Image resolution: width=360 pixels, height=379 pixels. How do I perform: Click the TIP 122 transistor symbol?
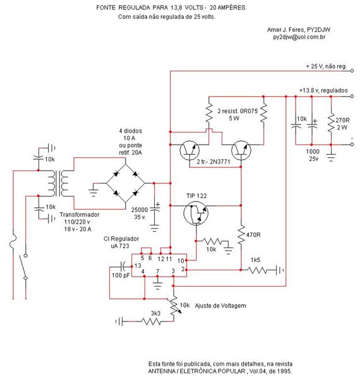pyautogui.click(x=196, y=213)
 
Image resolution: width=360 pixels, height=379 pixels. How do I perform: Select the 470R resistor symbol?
pyautogui.click(x=241, y=235)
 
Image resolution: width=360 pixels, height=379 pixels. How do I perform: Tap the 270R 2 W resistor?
pyautogui.click(x=331, y=123)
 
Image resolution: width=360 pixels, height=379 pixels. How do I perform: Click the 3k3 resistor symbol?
pyautogui.click(x=151, y=322)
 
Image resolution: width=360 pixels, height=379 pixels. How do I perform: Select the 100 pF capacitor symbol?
pyautogui.click(x=123, y=267)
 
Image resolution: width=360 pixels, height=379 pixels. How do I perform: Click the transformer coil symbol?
pyautogui.click(x=58, y=183)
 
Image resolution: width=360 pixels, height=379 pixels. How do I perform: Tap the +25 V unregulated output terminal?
pyautogui.click(x=352, y=71)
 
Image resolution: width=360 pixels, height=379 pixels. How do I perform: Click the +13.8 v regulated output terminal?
pyautogui.click(x=352, y=96)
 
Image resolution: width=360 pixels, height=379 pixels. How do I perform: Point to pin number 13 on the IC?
pyautogui.click(x=138, y=266)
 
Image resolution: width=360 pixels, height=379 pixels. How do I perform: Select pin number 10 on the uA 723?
pyautogui.click(x=181, y=261)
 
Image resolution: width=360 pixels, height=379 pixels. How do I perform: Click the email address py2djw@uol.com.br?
pyautogui.click(x=299, y=37)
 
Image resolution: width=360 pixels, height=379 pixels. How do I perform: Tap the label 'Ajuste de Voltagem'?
pyautogui.click(x=220, y=306)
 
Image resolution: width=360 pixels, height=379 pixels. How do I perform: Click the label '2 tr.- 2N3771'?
pyautogui.click(x=213, y=162)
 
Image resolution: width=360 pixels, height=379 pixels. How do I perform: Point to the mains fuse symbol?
pyautogui.click(x=13, y=241)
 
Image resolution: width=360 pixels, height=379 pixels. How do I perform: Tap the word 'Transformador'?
pyautogui.click(x=80, y=215)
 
